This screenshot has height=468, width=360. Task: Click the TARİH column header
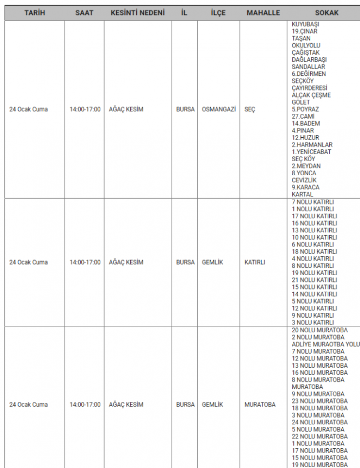(x=35, y=13)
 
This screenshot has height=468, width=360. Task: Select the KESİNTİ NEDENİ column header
(x=137, y=13)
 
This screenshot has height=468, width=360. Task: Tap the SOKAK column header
(x=326, y=13)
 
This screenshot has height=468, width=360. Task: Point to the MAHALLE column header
(x=263, y=13)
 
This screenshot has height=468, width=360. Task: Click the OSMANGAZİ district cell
(x=219, y=109)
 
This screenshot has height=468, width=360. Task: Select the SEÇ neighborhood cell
(x=250, y=109)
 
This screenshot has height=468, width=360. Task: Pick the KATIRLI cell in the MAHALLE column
(x=255, y=263)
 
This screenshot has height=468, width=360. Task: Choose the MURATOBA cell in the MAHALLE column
(x=260, y=405)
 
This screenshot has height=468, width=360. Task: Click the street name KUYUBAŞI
(x=306, y=24)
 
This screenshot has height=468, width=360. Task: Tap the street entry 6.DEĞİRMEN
(x=309, y=74)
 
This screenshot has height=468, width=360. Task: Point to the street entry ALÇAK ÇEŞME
(x=311, y=95)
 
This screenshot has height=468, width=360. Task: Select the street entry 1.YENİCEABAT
(x=312, y=152)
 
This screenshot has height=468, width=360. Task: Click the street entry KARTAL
(x=302, y=194)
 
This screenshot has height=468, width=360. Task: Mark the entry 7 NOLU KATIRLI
(x=312, y=202)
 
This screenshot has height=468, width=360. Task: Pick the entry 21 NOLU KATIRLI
(x=314, y=280)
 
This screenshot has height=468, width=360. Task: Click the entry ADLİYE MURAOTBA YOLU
(x=325, y=344)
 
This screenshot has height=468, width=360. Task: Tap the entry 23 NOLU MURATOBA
(x=320, y=401)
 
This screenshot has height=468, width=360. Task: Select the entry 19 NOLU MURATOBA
(x=320, y=465)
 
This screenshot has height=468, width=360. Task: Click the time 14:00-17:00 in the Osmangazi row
(x=85, y=109)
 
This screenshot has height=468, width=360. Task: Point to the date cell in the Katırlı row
(x=28, y=263)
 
